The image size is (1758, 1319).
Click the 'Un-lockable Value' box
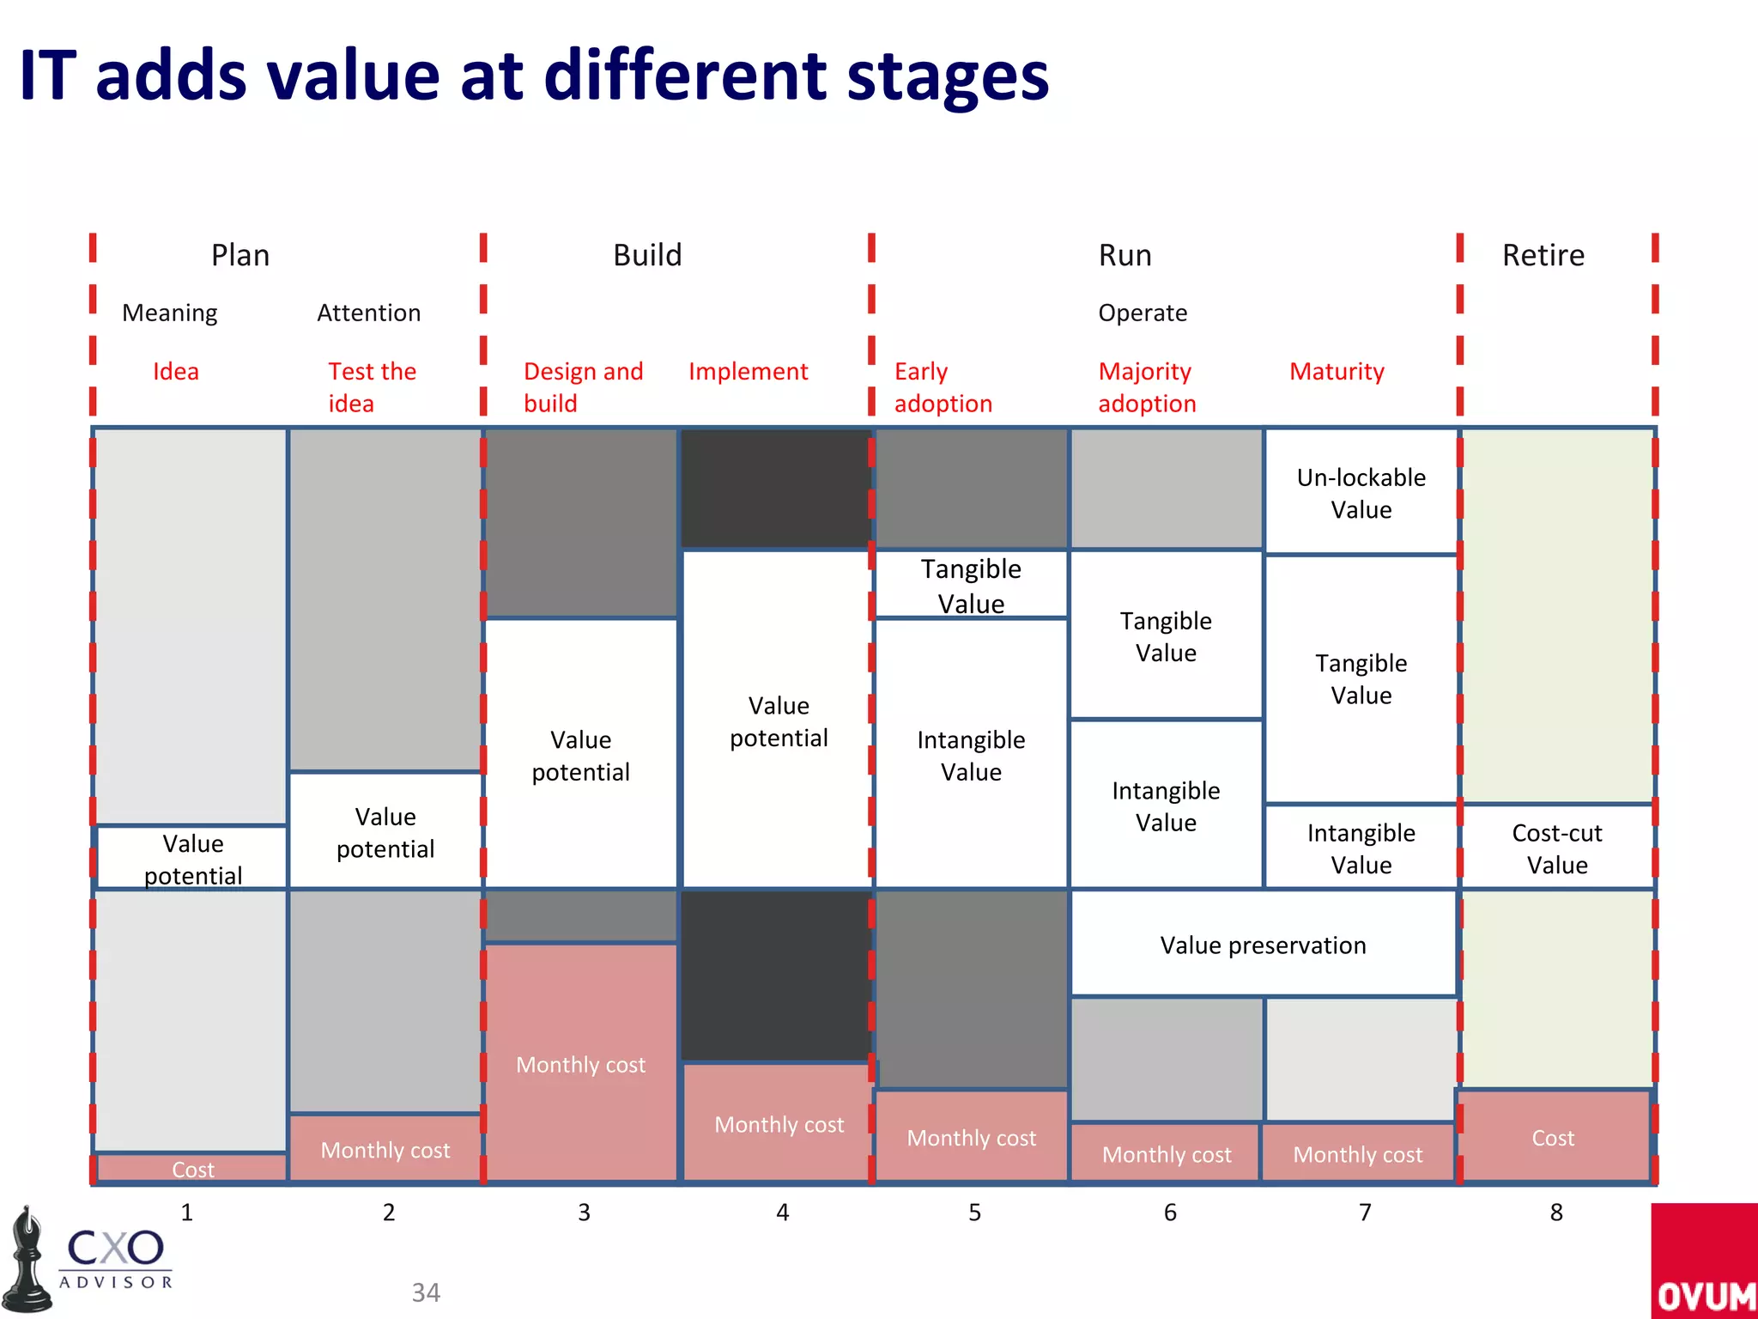1361,493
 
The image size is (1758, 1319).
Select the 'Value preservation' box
1263,945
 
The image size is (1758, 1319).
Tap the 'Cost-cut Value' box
1556,848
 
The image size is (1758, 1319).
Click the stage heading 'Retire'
1543,255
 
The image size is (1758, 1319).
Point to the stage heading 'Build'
647,255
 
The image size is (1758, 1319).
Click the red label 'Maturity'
1337,371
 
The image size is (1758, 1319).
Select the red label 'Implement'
748,371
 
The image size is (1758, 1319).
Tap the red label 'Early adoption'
943,386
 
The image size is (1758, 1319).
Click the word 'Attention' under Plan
368,313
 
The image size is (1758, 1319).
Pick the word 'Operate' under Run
1143,313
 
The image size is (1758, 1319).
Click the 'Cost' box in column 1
192,1169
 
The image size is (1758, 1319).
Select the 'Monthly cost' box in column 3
580,1064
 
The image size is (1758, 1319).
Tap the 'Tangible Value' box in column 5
971,585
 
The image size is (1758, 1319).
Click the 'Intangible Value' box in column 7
1361,848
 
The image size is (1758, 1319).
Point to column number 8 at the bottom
1556,1212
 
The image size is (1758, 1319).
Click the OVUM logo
1704,1262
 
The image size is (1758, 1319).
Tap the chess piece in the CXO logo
27,1260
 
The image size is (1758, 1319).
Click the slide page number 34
426,1292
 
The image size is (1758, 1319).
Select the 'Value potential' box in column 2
385,831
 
